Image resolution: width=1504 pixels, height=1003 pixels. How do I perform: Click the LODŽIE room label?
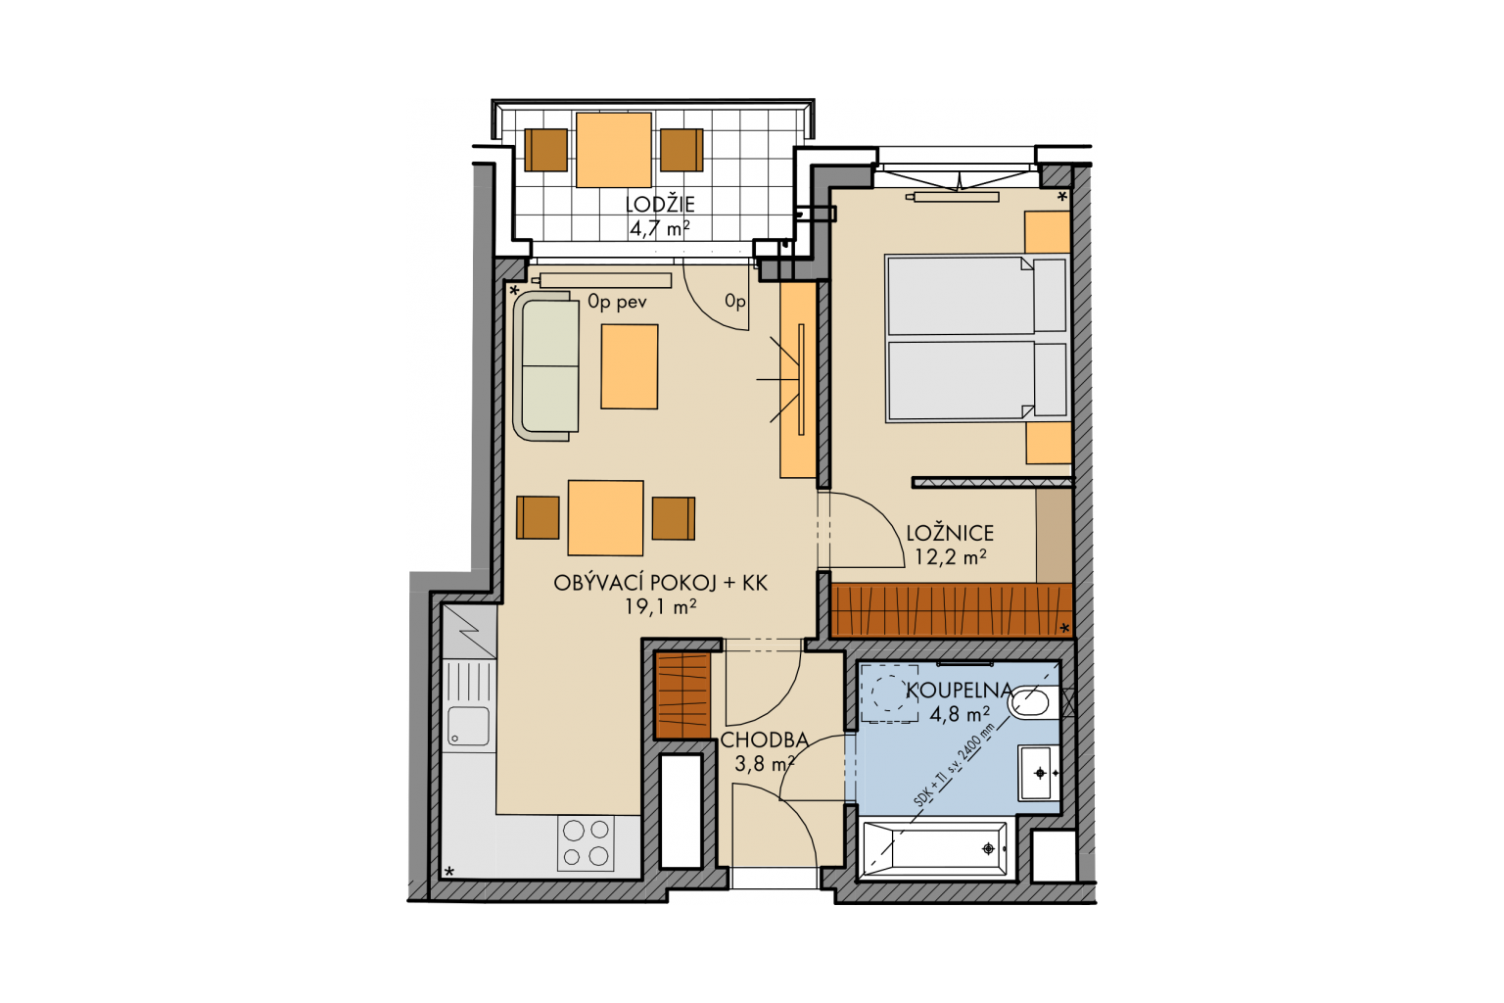click(x=660, y=205)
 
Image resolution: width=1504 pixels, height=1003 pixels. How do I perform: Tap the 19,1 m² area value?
click(x=660, y=607)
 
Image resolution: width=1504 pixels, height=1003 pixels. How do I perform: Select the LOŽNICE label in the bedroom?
click(x=950, y=534)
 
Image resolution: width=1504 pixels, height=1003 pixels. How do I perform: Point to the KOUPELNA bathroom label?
click(x=959, y=690)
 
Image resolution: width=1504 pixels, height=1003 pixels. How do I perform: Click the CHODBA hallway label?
click(x=764, y=740)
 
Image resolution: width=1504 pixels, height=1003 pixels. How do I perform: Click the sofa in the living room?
click(x=546, y=366)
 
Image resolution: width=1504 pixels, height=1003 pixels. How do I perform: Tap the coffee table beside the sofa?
click(x=630, y=366)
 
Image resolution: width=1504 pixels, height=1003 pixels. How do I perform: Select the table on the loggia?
click(x=614, y=150)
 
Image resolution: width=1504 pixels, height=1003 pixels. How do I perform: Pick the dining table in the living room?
click(x=606, y=518)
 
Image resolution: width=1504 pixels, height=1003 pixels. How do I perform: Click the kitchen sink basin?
click(x=468, y=726)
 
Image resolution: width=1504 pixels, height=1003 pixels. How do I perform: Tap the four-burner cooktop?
click(x=586, y=843)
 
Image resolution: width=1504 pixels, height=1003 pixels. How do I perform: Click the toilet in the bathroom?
click(x=1033, y=702)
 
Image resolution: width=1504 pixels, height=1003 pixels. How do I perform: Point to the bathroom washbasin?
click(x=1038, y=773)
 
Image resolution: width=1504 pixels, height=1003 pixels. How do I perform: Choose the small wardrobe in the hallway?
click(x=682, y=696)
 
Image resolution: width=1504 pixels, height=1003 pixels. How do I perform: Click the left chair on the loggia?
click(x=545, y=150)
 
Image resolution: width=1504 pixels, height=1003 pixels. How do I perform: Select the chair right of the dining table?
click(x=674, y=518)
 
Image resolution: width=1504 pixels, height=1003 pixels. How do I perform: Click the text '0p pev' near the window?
click(x=617, y=302)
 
